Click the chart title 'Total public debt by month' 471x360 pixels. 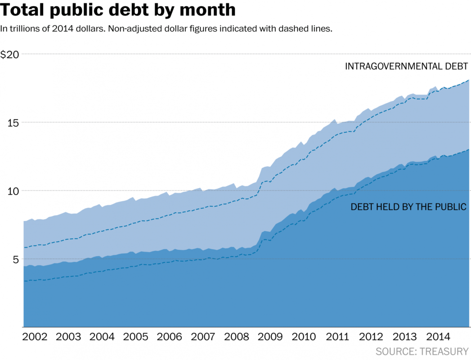coord(118,10)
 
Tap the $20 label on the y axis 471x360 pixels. coord(10,55)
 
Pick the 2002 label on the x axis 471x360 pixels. coord(35,337)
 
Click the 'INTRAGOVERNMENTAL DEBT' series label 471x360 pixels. coord(407,67)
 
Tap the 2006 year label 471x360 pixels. coord(170,337)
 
